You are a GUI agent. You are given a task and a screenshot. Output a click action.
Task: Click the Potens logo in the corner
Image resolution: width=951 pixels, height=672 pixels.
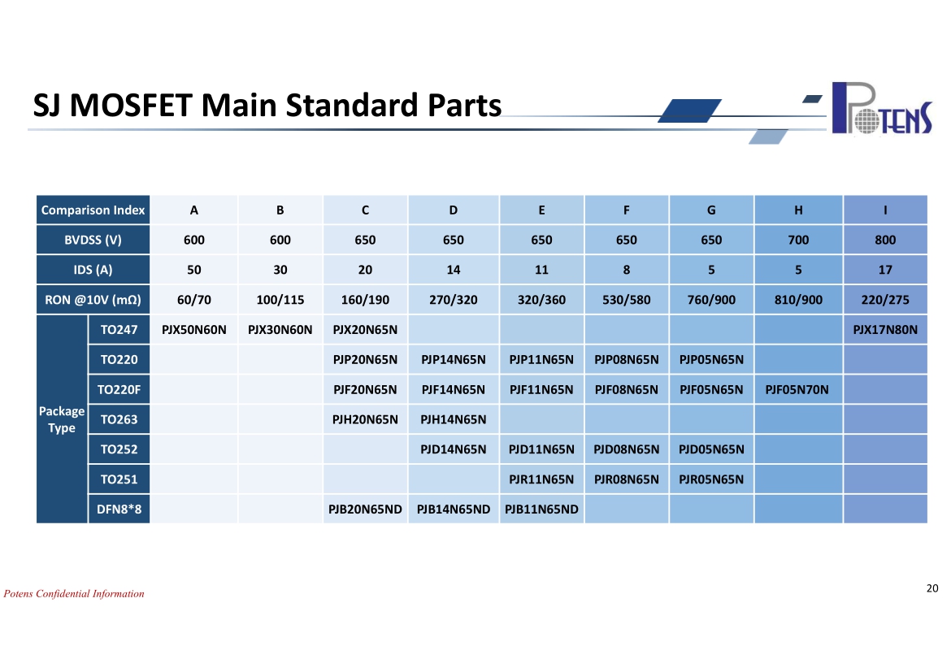point(882,108)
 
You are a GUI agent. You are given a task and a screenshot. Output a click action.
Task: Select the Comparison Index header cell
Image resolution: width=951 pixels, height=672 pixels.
point(93,210)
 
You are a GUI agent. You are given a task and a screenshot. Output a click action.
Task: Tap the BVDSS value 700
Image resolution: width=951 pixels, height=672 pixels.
point(798,240)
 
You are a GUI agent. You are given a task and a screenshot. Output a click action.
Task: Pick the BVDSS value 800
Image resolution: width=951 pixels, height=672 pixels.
point(885,240)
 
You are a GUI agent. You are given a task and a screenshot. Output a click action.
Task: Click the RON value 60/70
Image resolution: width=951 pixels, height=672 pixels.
point(194,300)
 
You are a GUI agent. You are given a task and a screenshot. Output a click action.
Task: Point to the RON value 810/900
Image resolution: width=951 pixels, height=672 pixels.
point(798,300)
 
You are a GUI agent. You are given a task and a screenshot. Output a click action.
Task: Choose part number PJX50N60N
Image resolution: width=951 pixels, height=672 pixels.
point(194,329)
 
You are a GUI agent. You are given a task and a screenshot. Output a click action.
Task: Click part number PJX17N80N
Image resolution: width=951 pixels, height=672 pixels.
point(885,329)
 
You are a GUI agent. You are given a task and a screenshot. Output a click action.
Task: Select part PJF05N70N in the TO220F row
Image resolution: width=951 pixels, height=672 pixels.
point(797,389)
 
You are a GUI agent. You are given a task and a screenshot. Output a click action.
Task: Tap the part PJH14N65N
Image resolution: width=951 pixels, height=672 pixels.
point(453,419)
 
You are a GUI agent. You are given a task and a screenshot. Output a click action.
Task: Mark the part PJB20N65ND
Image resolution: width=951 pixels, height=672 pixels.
point(365,509)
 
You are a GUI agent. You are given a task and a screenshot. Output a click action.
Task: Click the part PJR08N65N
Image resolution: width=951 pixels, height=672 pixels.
point(627,479)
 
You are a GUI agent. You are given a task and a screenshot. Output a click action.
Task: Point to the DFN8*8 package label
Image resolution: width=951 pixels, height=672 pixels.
point(119,509)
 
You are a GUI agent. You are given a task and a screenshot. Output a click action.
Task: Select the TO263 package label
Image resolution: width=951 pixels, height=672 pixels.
point(119,419)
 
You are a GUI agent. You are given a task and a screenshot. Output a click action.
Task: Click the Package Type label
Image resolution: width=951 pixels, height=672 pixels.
point(62,419)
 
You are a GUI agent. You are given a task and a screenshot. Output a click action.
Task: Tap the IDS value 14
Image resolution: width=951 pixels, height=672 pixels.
point(453,269)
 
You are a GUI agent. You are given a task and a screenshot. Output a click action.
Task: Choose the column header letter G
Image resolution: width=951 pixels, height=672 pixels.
point(711,210)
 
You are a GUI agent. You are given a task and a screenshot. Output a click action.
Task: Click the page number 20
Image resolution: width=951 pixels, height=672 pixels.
point(932,587)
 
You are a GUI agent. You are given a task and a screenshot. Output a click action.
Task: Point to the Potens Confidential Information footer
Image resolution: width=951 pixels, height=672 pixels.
point(74,593)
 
